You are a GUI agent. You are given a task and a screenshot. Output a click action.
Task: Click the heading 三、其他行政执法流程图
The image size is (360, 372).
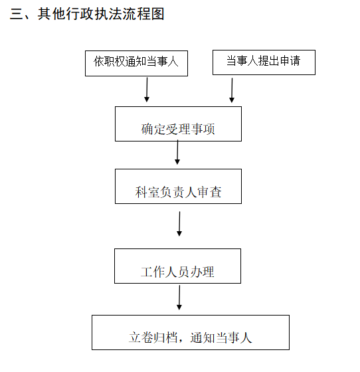point(87,14)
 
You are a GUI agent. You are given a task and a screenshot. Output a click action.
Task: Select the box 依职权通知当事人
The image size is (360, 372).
point(136,63)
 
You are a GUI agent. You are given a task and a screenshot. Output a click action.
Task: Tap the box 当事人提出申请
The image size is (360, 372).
point(264,62)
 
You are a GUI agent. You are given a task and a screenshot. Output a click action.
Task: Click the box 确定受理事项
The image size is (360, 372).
point(179,124)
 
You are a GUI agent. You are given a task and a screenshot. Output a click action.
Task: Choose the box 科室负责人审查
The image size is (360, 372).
point(179,186)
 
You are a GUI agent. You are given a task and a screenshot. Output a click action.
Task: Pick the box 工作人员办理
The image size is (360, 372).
point(177,266)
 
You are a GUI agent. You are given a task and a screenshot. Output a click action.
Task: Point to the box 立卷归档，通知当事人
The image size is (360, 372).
point(191,332)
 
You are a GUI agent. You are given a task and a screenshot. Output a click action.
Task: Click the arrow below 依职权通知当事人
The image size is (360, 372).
point(147,90)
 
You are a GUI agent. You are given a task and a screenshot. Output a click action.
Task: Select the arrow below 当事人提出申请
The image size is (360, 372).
point(232,90)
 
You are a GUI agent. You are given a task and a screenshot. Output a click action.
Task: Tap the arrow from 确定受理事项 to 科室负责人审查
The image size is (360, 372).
point(177,152)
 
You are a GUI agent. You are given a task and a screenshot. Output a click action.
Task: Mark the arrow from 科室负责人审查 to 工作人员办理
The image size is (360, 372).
point(179,224)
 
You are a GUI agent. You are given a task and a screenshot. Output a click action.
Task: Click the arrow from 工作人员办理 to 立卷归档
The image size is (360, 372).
point(179,298)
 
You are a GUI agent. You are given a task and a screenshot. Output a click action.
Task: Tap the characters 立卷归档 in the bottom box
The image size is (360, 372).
point(153,337)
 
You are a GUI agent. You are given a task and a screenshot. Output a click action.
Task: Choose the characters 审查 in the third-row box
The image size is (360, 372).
point(209,192)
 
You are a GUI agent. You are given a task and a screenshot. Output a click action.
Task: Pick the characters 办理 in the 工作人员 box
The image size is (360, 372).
point(202,272)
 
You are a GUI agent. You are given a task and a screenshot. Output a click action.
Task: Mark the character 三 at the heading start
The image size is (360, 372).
point(17,14)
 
